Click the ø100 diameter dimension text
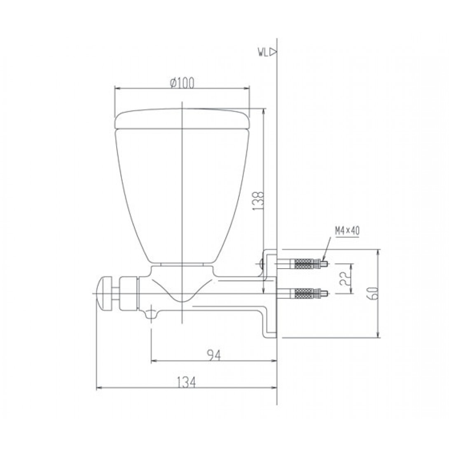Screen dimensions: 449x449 point(182,83)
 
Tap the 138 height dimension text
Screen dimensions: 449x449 point(258,201)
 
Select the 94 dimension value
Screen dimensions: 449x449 point(213,355)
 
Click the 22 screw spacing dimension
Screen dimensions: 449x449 point(344,279)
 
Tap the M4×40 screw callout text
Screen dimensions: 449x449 point(347,231)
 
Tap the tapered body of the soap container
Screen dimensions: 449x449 point(182,194)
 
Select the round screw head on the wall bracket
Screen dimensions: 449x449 point(262,264)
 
